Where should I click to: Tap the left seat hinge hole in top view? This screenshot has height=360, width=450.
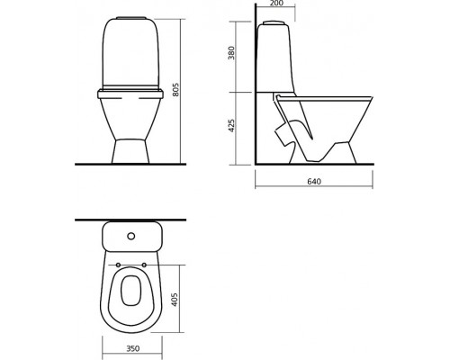coord(118,265)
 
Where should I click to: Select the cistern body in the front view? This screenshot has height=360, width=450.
coord(131,54)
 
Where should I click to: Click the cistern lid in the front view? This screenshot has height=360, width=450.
coord(131,19)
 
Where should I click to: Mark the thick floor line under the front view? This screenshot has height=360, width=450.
coord(131,166)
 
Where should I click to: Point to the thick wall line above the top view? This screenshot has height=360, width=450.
coord(131,220)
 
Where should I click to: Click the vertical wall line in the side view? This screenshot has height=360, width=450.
coord(255,90)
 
